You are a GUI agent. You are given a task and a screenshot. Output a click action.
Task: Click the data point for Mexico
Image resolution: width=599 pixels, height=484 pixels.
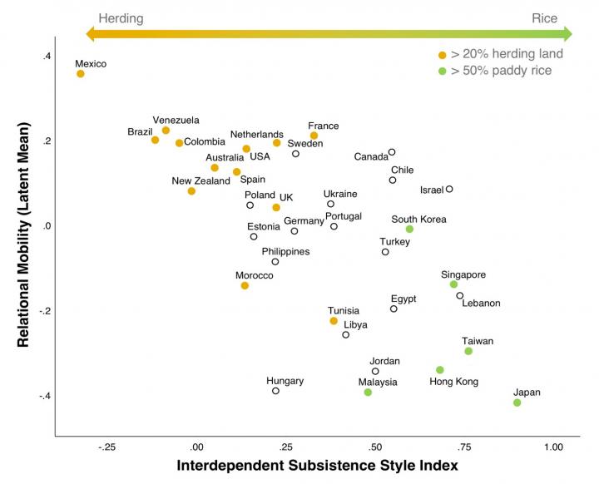(x=81, y=74)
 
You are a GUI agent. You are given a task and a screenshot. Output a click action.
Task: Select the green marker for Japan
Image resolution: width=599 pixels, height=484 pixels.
(x=517, y=403)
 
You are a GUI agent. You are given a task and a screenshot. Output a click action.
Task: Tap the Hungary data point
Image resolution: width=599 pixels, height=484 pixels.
(x=275, y=391)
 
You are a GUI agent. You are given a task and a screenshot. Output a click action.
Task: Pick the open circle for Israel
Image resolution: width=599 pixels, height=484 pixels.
(x=449, y=189)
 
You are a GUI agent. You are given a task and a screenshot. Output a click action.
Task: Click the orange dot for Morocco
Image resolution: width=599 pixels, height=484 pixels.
(x=245, y=285)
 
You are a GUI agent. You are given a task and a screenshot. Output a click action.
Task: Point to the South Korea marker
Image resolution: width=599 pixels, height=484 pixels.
(x=409, y=229)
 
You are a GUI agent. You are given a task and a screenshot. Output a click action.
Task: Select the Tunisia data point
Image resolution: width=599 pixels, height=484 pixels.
(x=334, y=321)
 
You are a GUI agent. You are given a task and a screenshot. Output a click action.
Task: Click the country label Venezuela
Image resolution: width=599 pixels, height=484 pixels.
(x=176, y=120)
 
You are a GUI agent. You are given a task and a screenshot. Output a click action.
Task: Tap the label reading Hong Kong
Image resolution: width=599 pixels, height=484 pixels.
(x=453, y=382)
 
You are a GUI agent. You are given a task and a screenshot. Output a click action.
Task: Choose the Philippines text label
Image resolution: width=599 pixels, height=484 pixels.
(x=285, y=251)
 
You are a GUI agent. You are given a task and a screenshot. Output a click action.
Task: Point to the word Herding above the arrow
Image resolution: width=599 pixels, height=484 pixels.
(x=121, y=17)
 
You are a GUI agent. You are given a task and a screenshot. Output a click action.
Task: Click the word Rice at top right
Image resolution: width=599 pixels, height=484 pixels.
(x=544, y=17)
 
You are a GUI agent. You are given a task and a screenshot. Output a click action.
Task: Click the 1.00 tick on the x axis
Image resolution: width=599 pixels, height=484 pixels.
(x=552, y=447)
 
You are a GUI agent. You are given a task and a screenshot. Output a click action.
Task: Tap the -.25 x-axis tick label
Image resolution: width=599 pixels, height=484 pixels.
(x=106, y=447)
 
